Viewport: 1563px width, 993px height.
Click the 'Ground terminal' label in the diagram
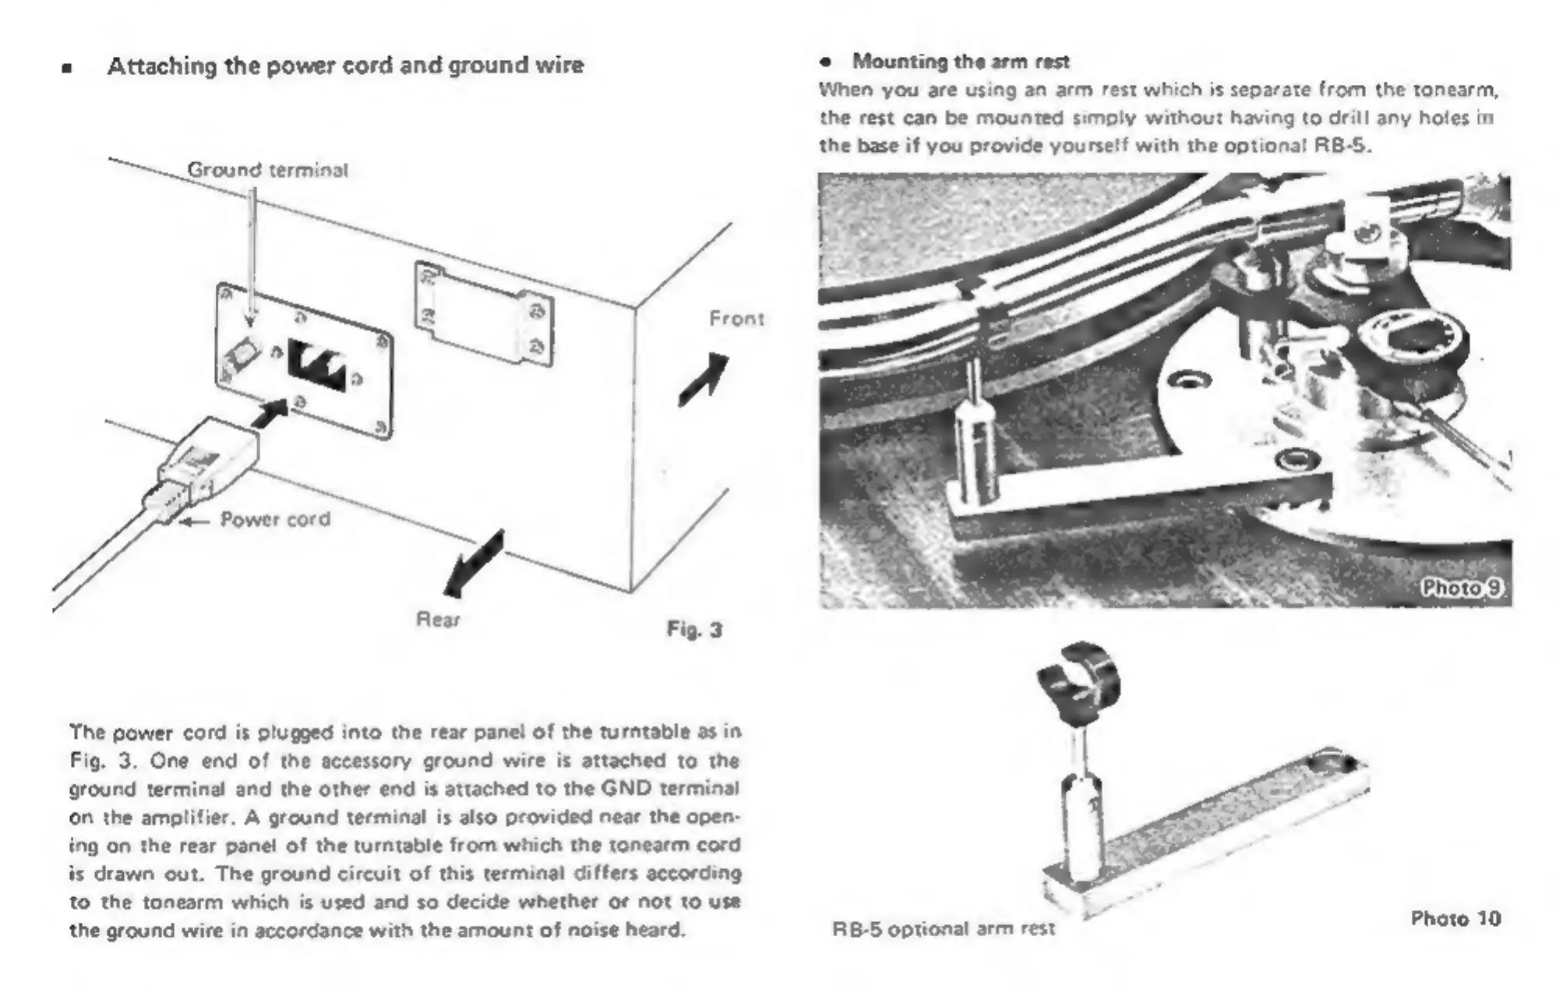(267, 170)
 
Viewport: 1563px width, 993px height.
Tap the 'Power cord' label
(275, 519)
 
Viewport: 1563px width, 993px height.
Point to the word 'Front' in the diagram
(736, 319)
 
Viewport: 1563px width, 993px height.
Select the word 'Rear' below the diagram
(438, 620)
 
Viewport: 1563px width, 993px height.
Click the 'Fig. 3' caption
(694, 630)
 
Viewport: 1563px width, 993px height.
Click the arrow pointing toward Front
(704, 380)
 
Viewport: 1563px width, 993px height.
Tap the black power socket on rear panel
(317, 364)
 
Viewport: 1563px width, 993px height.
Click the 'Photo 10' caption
(1455, 919)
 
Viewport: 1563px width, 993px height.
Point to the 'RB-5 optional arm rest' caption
(944, 929)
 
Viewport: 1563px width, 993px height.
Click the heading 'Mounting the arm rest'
(960, 62)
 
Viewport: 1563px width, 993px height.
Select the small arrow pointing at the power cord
(195, 521)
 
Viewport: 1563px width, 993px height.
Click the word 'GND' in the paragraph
(626, 788)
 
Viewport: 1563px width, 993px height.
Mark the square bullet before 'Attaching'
(67, 68)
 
